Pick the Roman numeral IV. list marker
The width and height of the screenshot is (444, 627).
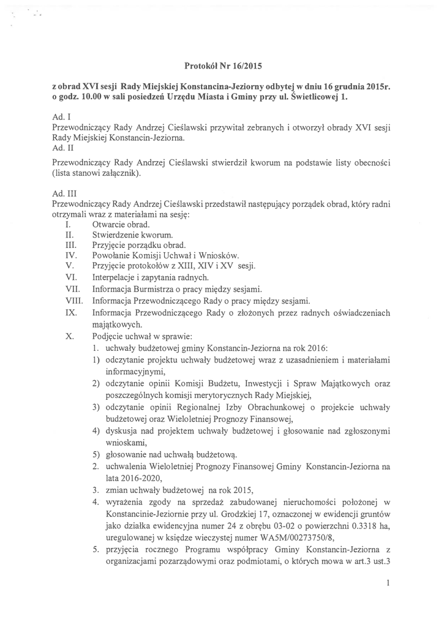[70, 255]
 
